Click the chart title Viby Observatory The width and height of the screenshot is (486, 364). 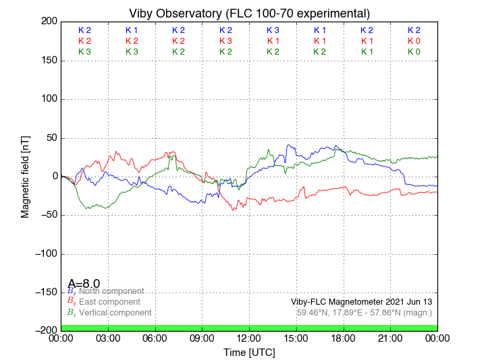(x=249, y=13)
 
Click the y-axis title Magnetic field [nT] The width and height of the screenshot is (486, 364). (x=25, y=175)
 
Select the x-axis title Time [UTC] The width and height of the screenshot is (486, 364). (x=249, y=353)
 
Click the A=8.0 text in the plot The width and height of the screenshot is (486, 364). (x=84, y=284)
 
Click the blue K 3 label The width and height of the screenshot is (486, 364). (x=273, y=30)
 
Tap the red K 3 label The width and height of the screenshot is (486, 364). (x=225, y=41)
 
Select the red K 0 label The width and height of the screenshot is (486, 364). (x=414, y=41)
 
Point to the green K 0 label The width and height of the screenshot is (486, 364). (x=414, y=52)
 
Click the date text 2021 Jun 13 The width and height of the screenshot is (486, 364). (x=405, y=301)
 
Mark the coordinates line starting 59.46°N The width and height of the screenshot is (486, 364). (x=364, y=313)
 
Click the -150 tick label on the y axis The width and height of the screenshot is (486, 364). (x=43, y=293)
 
